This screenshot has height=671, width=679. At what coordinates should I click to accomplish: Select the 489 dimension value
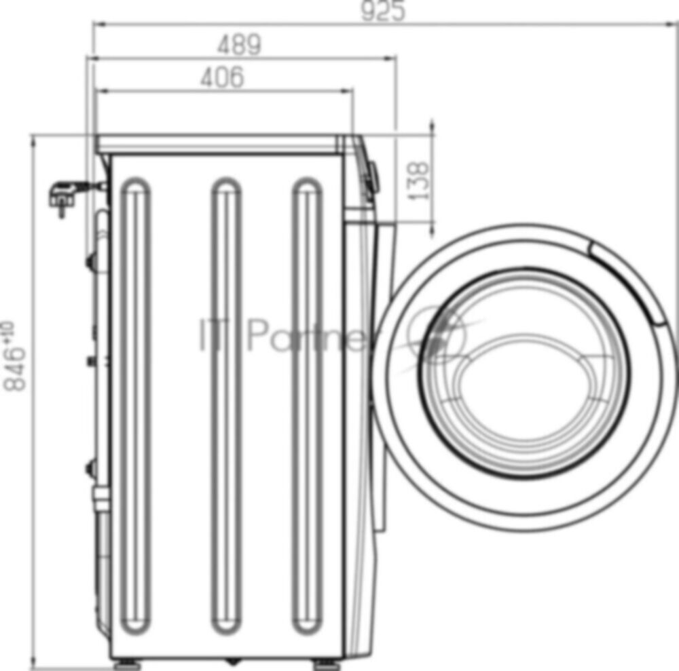coord(240,44)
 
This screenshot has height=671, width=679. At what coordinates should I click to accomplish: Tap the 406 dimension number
coord(222,77)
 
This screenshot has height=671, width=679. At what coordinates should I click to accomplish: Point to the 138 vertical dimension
coord(418,180)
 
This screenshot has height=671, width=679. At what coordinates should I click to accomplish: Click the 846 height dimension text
coord(14,356)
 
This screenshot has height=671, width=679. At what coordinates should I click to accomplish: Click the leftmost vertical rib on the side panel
coord(136,405)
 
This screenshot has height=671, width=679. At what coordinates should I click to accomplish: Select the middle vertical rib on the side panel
coord(227,405)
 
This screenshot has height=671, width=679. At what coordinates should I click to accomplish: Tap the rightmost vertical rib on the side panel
coord(307,405)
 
